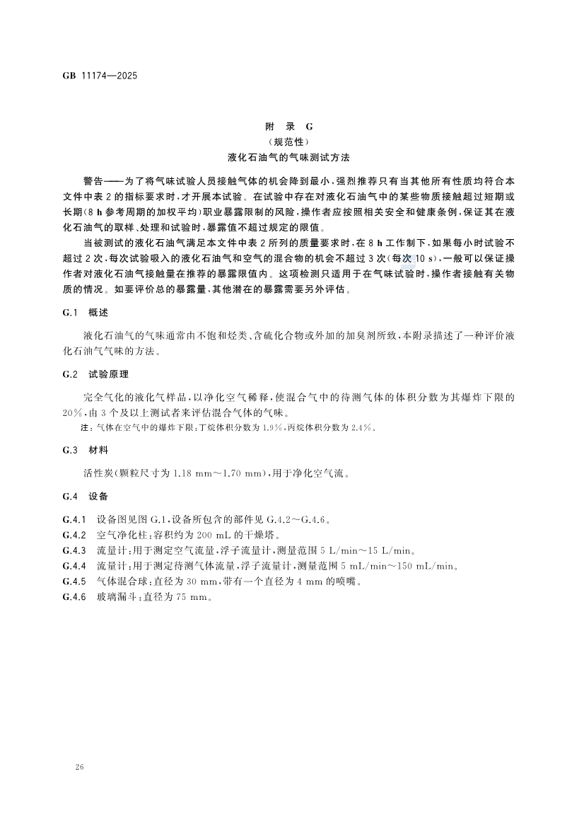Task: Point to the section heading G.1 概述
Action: (x=85, y=312)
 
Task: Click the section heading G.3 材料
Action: (x=85, y=450)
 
